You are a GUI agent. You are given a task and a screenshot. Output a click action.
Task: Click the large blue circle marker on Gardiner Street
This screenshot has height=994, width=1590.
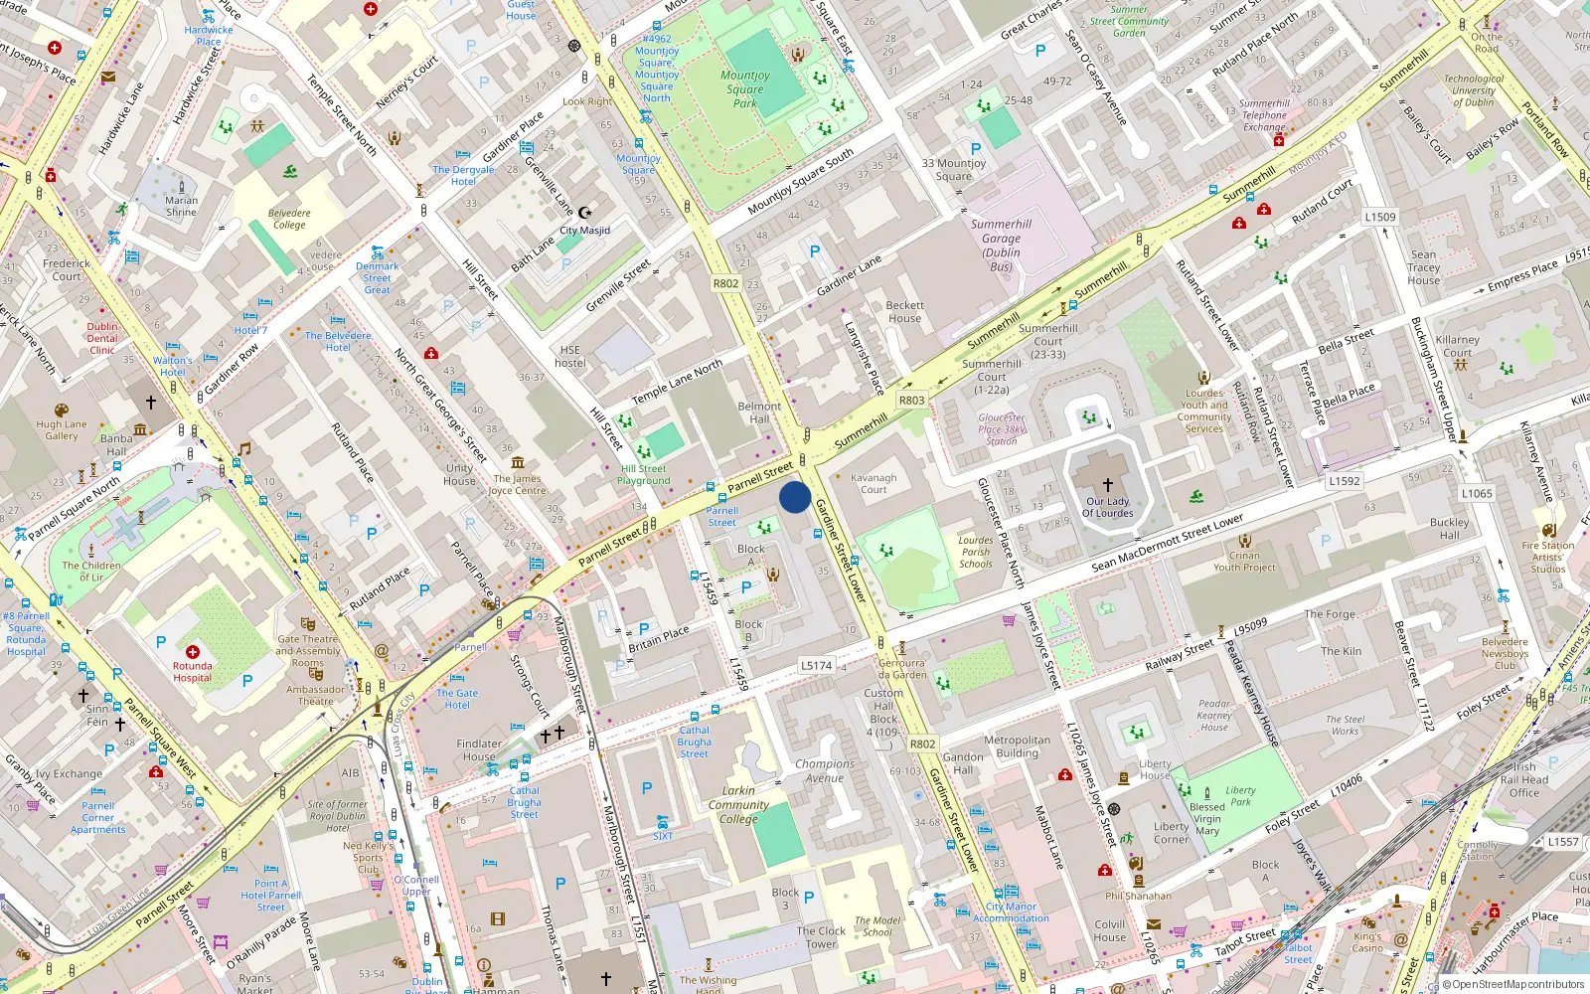point(795,496)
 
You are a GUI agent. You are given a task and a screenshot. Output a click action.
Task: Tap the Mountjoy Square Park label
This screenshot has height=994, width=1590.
point(745,88)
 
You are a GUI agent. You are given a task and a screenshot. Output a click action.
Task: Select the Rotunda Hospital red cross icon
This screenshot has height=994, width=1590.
point(192,652)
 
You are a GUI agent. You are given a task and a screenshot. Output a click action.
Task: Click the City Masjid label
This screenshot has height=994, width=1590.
point(584,230)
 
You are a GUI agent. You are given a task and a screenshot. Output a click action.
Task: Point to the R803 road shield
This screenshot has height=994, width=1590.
point(911,401)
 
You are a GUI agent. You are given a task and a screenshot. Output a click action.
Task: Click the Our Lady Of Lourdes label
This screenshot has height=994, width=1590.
point(1107,507)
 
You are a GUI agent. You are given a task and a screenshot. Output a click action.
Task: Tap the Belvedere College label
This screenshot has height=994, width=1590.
point(289,219)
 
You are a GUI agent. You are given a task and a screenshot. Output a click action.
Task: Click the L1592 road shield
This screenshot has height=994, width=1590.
point(1344,481)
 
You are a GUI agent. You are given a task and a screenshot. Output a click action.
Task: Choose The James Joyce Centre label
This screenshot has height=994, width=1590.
point(518,484)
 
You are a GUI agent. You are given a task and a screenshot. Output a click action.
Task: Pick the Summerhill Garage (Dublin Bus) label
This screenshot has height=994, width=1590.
point(1001,245)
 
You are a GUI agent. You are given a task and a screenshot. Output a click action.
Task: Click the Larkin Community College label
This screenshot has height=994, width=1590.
point(738,805)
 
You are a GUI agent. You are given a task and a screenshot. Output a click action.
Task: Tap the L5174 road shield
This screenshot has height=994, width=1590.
point(816,666)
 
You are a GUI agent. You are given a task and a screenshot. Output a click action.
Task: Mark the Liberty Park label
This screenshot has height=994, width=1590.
point(1240,795)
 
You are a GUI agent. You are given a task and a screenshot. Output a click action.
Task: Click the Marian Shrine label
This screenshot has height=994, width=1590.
point(181,206)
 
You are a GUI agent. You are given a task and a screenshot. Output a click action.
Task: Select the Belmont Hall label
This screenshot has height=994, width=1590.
point(759,413)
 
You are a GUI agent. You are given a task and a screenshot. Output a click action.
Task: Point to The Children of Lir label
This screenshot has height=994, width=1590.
point(91,571)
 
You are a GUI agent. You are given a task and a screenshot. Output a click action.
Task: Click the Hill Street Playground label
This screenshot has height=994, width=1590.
point(644,474)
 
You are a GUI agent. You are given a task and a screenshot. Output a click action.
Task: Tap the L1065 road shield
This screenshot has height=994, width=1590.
point(1477,493)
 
